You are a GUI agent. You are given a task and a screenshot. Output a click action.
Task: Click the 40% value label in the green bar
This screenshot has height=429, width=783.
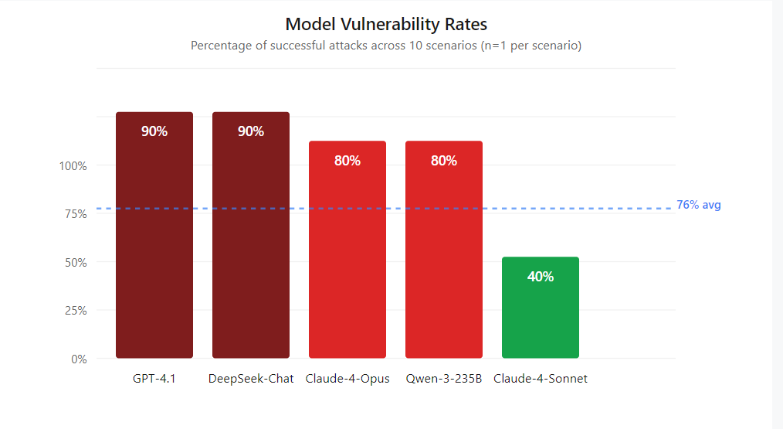click(x=541, y=277)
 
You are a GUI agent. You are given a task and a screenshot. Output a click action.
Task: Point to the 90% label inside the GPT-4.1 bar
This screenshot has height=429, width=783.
click(x=154, y=131)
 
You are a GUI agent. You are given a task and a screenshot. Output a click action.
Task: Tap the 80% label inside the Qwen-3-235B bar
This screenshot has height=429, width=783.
click(x=444, y=161)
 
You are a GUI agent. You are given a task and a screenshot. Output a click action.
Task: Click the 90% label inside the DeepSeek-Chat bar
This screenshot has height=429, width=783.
click(x=251, y=131)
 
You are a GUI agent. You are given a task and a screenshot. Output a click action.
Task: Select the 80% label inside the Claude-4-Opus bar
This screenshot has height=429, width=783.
click(x=347, y=161)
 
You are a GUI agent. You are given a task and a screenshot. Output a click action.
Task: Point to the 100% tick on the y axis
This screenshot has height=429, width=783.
click(x=73, y=166)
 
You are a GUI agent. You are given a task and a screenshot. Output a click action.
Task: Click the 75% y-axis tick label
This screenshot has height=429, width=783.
click(x=75, y=214)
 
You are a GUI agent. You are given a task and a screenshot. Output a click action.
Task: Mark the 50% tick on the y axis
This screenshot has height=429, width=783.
click(x=75, y=263)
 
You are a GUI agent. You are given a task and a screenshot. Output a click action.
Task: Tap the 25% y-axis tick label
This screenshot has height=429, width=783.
click(x=75, y=311)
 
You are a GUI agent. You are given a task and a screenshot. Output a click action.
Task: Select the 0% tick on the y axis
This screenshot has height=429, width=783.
click(x=79, y=359)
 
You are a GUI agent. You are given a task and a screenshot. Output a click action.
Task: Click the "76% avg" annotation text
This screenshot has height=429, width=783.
click(x=699, y=205)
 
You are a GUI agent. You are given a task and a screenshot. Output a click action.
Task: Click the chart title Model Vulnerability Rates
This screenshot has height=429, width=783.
click(x=386, y=24)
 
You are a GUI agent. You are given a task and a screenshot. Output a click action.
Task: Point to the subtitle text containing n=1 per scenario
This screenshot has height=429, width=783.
click(x=386, y=46)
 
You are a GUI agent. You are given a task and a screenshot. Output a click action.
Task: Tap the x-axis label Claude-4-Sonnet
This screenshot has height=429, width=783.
click(x=541, y=379)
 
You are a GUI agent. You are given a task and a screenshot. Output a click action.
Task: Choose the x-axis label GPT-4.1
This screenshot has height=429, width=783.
click(x=154, y=379)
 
